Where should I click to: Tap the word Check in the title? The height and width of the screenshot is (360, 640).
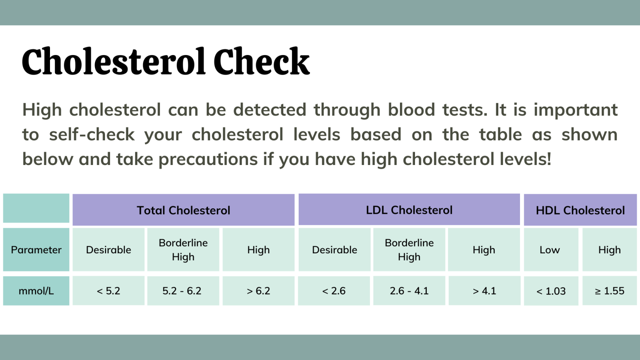pos(261,62)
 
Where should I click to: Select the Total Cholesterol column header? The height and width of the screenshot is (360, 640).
pos(183,210)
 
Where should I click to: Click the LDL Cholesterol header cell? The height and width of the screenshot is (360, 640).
pos(409,210)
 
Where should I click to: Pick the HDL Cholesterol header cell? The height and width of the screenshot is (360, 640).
pos(580,210)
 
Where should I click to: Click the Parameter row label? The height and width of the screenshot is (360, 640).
pos(36,250)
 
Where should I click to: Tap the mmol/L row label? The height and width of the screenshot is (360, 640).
pos(36,291)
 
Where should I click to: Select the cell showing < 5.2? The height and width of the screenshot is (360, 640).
pos(108,291)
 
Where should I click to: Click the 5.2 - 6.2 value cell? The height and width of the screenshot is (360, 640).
pos(182,291)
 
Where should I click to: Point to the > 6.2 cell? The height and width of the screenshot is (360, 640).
pos(258,291)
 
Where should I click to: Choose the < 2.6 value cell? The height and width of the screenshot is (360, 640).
pos(334,291)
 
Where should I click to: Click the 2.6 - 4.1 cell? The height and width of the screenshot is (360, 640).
pos(409,291)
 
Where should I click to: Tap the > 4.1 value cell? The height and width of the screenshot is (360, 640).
pos(484,291)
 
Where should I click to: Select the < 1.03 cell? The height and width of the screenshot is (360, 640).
pos(551,291)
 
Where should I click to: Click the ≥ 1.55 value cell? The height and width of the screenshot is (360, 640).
pos(609,291)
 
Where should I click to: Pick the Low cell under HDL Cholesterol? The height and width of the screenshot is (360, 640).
pos(550,250)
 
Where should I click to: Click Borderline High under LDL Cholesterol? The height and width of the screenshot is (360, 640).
pos(409,250)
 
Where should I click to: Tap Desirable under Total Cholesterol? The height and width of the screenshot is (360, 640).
pos(108,250)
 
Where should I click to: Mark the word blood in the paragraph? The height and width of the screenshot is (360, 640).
pos(411,110)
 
